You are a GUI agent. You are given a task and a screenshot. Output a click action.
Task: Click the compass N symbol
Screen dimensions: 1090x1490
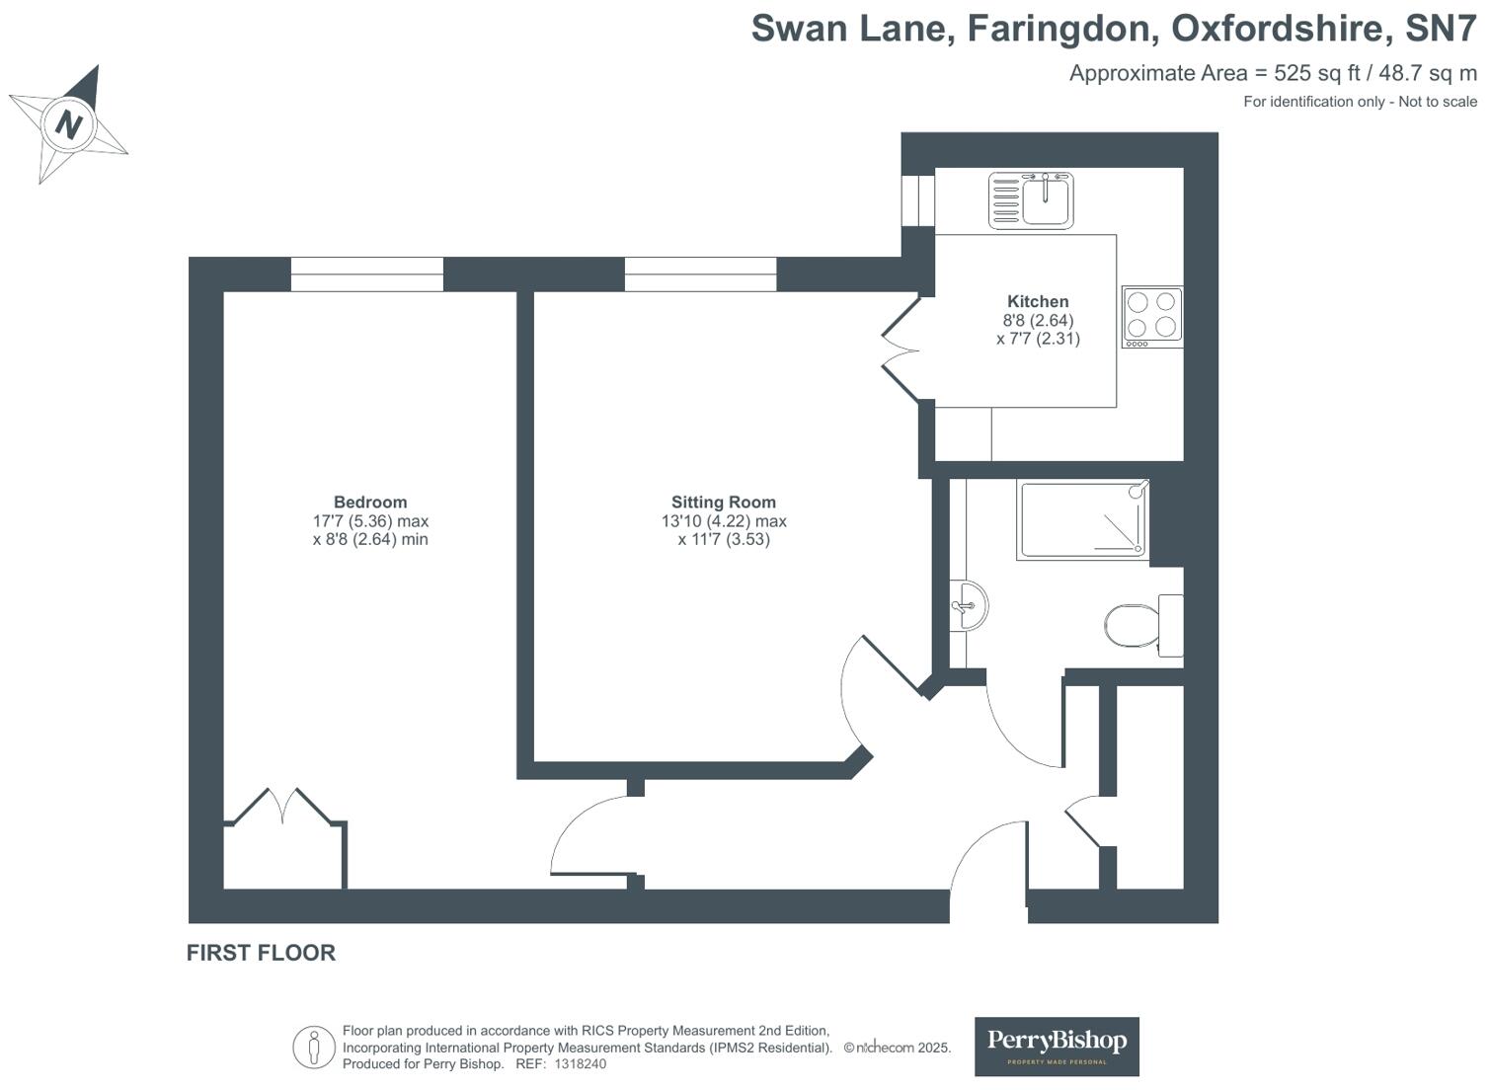[x=68, y=124]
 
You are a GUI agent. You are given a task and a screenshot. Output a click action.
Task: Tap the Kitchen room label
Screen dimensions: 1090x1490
[x=1037, y=302]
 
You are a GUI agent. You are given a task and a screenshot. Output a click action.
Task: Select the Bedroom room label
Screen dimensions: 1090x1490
[x=369, y=503]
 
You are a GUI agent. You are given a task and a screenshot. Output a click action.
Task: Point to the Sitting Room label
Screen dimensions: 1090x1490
[x=723, y=503]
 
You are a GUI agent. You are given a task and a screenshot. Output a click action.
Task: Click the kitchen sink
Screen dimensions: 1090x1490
[x=1032, y=199]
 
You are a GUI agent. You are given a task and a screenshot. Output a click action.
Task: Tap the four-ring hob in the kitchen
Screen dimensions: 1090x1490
[x=1152, y=317]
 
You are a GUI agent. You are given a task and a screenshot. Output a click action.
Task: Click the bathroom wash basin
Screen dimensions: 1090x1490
[x=967, y=604]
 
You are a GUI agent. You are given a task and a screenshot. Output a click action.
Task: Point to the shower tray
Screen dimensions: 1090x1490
[x=1083, y=520]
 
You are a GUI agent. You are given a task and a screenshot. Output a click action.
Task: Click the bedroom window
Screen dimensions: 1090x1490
[x=366, y=274]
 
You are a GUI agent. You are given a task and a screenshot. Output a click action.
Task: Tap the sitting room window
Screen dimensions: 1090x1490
[x=700, y=274]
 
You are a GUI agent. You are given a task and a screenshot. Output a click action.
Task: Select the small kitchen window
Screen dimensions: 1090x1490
[x=918, y=199]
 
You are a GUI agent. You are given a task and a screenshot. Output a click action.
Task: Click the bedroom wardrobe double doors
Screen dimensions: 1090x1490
[x=284, y=807]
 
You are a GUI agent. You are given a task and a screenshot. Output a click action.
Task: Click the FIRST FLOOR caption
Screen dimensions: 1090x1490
[x=261, y=953]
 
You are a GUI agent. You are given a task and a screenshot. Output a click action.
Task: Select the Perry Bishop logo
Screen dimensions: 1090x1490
[x=1057, y=1046]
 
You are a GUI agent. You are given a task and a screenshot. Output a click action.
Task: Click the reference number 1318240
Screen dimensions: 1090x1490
[x=580, y=1064]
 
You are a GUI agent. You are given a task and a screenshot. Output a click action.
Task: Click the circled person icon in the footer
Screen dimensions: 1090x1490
[x=314, y=1047]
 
